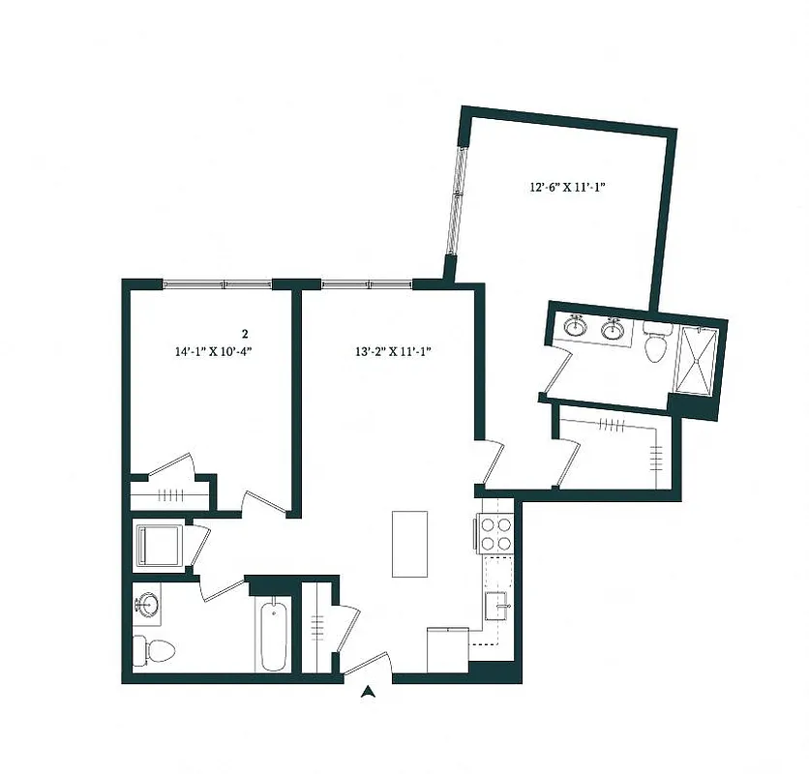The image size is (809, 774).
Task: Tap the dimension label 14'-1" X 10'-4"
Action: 214,353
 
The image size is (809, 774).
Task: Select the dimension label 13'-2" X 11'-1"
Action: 392,352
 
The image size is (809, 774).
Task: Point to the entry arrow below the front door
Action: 368,691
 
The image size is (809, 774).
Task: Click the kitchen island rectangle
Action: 409,544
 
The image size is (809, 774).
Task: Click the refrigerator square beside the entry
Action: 448,646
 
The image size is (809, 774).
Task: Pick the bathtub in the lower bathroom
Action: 273,634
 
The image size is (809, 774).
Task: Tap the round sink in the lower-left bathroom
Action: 149,606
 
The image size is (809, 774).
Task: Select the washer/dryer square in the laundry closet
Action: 158,547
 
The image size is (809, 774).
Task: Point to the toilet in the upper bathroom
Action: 657,343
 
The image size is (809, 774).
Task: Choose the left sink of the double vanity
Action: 576,327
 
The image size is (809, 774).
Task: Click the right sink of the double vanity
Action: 613,330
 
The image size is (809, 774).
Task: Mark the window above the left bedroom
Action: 217,284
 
